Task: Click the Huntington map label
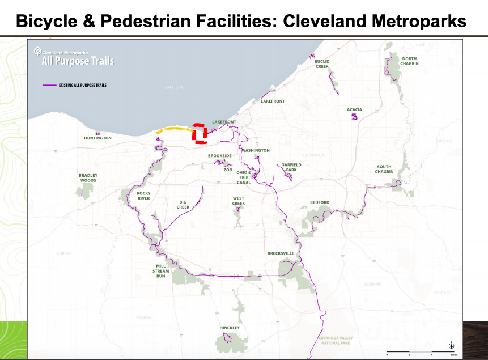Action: [x=97, y=138]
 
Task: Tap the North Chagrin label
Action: [x=409, y=61]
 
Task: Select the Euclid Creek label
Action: [x=322, y=64]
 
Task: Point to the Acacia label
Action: [x=354, y=109]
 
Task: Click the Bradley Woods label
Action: [x=88, y=178]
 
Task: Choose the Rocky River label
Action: [x=143, y=196]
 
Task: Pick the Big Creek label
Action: [x=183, y=205]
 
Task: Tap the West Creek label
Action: [x=238, y=201]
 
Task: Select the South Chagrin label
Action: [x=384, y=170]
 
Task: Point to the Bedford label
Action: [x=319, y=202]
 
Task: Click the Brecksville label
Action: [x=281, y=253]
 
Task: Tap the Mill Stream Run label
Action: [x=161, y=271]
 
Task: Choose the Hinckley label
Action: [x=230, y=328]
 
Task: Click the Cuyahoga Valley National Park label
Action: [x=336, y=340]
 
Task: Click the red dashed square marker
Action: [x=199, y=133]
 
